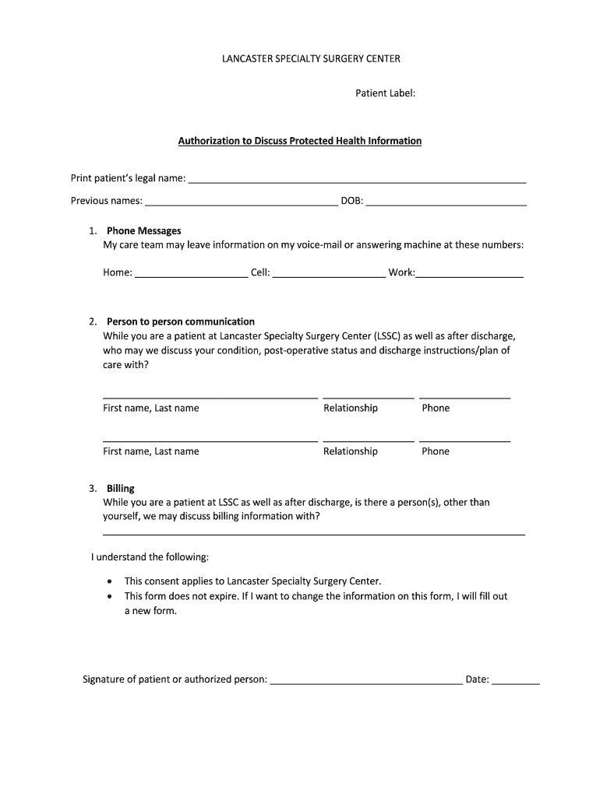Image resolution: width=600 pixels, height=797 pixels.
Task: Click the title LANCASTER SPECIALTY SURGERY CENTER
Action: tap(300, 58)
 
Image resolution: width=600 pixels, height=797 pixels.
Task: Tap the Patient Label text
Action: tap(385, 93)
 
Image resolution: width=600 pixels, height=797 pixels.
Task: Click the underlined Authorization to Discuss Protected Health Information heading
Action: tap(300, 141)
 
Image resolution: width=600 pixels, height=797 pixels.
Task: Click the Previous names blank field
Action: tap(241, 202)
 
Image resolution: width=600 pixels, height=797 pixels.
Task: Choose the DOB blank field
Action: tap(446, 202)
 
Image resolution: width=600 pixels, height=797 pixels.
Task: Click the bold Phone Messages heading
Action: tap(144, 230)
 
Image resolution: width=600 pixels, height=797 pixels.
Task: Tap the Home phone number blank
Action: tap(191, 274)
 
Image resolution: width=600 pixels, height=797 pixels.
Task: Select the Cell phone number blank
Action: tap(329, 274)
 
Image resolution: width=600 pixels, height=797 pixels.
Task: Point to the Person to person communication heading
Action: tap(181, 321)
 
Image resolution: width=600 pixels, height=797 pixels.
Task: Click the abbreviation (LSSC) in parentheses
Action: tap(386, 336)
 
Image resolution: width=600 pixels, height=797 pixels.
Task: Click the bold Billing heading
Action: tap(121, 488)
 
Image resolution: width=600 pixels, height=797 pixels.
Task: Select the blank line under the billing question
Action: tap(314, 533)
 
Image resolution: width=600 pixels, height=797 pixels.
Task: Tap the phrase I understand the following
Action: tap(150, 557)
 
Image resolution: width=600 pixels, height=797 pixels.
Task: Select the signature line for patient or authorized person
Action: tap(365, 681)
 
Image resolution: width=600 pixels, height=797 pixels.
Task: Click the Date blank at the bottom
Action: tap(516, 681)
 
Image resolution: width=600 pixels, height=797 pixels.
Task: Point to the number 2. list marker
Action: tap(93, 321)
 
